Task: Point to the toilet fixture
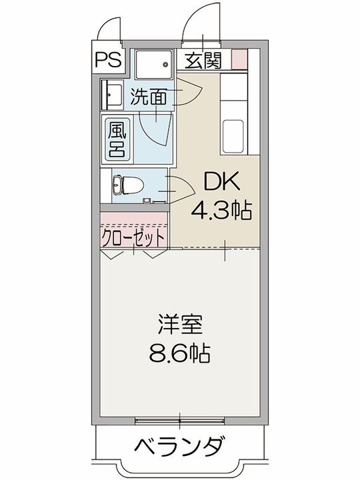click(x=123, y=183)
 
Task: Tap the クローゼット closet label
click(x=133, y=237)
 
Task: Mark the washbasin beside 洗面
click(x=110, y=94)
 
